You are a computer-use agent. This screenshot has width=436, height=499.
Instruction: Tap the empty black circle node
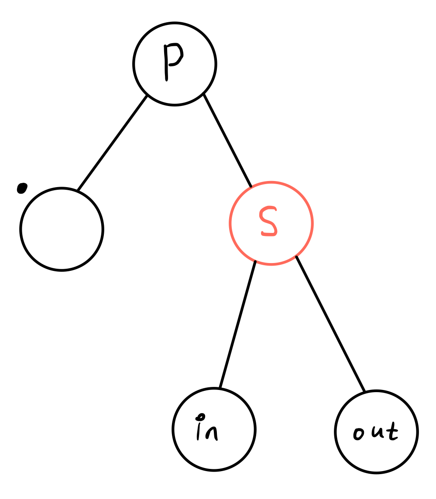pyautogui.click(x=62, y=229)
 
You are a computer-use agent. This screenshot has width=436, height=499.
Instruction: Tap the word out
pyautogui.click(x=375, y=432)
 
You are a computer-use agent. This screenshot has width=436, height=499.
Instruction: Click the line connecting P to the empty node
pyautogui.click(x=113, y=143)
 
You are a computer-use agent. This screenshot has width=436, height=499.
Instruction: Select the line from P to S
pyautogui.click(x=227, y=140)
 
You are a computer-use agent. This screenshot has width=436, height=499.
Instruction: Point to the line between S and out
pyautogui.click(x=330, y=323)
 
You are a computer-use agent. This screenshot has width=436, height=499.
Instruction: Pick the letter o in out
pyautogui.click(x=359, y=434)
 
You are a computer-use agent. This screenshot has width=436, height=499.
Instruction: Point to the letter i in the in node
pyautogui.click(x=199, y=430)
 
